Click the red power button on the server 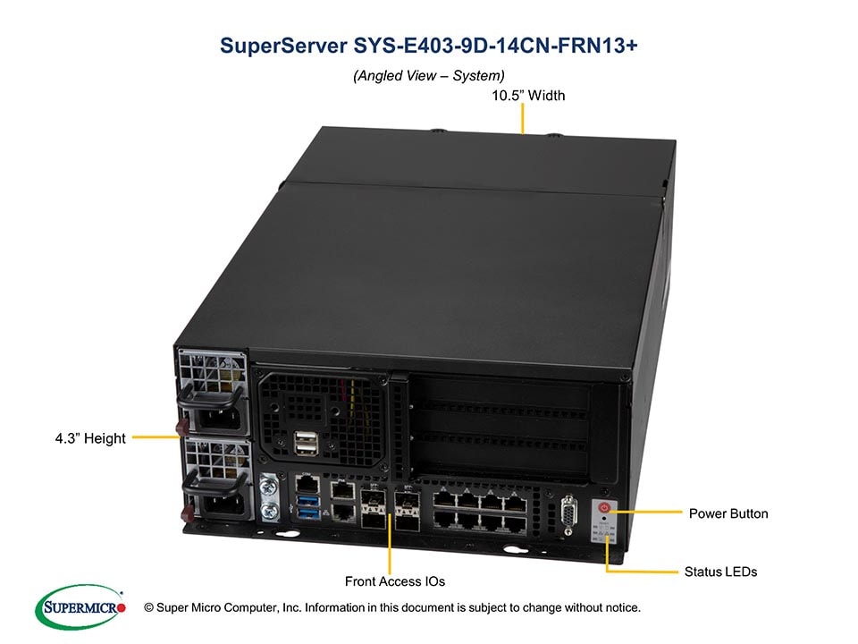[x=604, y=508]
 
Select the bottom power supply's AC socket [x=218, y=507]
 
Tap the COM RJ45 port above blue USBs [x=304, y=484]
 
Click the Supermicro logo [x=80, y=608]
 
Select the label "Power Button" [x=728, y=513]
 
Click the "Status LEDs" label [x=720, y=572]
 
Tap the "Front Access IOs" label [x=395, y=581]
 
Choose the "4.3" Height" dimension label [x=90, y=438]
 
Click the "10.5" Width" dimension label [x=528, y=96]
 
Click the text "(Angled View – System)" [x=429, y=76]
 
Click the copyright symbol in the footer [x=148, y=608]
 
